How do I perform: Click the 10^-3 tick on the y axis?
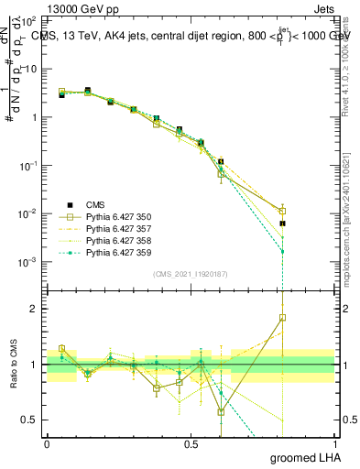click(31, 262)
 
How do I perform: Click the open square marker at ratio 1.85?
click(283, 318)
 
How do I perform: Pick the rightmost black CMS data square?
click(283, 224)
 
